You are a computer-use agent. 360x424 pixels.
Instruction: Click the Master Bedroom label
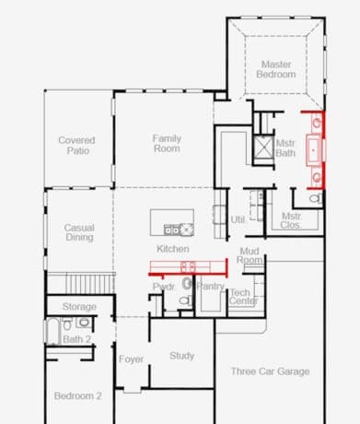(276, 69)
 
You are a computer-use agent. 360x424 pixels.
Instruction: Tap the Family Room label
(167, 144)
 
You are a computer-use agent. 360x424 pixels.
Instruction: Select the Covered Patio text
(76, 146)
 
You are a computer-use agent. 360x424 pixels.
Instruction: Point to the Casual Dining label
(79, 232)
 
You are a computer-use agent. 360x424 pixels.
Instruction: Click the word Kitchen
(173, 249)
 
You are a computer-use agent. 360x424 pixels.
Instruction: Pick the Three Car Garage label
(270, 371)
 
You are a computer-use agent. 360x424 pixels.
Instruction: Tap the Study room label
(181, 356)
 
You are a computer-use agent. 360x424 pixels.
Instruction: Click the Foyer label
(131, 359)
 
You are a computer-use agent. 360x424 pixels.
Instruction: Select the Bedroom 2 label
(77, 395)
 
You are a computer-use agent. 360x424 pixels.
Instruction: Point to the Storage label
(79, 306)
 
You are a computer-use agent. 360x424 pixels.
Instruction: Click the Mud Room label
(250, 255)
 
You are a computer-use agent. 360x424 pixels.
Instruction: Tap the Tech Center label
(243, 297)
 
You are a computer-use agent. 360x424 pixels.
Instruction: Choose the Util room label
(238, 219)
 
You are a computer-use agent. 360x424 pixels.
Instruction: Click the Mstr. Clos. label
(291, 220)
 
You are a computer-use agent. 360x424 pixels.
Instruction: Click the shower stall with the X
(263, 147)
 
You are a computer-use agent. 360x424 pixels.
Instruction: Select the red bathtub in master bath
(314, 150)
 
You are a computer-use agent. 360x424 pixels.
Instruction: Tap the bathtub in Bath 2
(53, 331)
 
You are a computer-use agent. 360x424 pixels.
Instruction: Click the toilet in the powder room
(185, 300)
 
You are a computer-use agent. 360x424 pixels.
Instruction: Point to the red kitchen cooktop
(188, 266)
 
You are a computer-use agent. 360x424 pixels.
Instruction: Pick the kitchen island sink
(172, 230)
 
